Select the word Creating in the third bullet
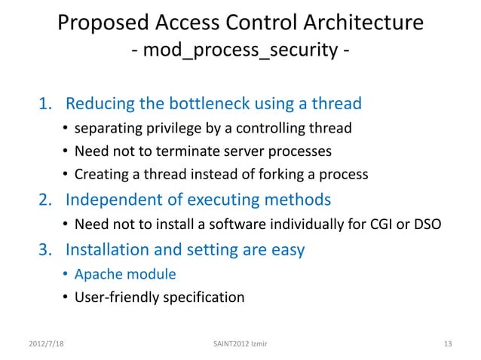click(100, 175)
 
